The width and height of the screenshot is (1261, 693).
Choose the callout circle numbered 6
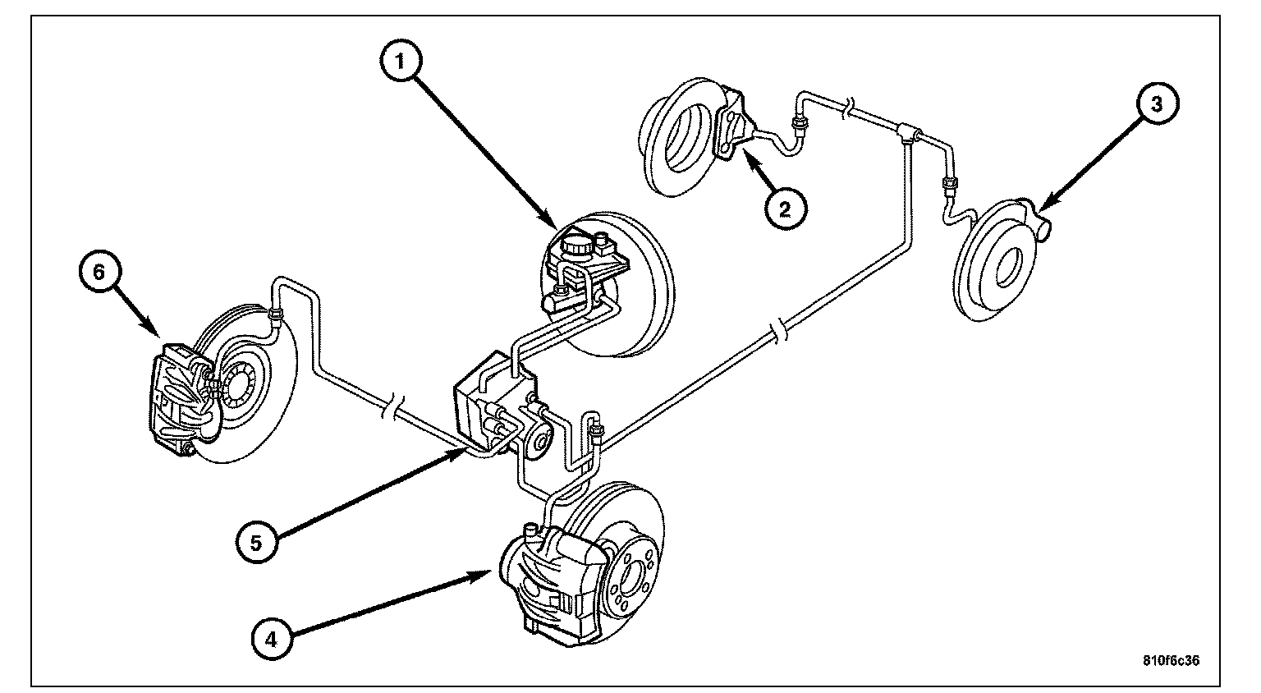[x=99, y=273]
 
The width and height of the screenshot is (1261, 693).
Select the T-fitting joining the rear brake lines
[x=908, y=131]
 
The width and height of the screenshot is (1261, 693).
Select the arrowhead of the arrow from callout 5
[x=461, y=451]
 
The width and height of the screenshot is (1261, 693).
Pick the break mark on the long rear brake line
[x=777, y=332]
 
